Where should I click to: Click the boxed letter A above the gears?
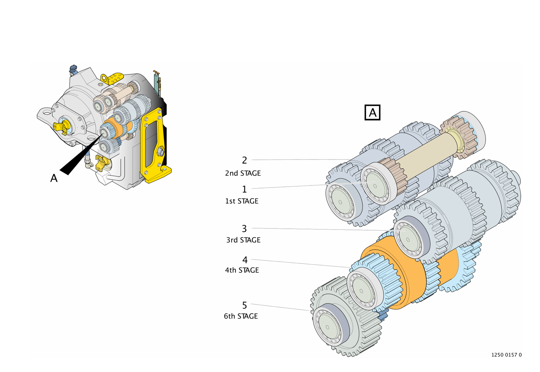tap(372, 113)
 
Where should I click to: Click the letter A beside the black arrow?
tap(54, 178)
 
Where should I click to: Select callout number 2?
tap(244, 160)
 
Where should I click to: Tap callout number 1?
tap(244, 189)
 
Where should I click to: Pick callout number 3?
tap(244, 229)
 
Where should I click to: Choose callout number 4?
tap(245, 260)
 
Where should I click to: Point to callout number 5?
tap(244, 305)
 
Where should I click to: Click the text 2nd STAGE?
tap(243, 173)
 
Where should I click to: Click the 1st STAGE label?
tap(242, 201)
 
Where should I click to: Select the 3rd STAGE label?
tap(243, 240)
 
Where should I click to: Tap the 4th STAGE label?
tap(242, 270)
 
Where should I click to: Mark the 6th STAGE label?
tap(241, 316)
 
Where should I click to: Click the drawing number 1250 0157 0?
tap(506, 355)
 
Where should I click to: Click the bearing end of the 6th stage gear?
tap(328, 326)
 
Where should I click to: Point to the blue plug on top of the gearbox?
tap(73, 69)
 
